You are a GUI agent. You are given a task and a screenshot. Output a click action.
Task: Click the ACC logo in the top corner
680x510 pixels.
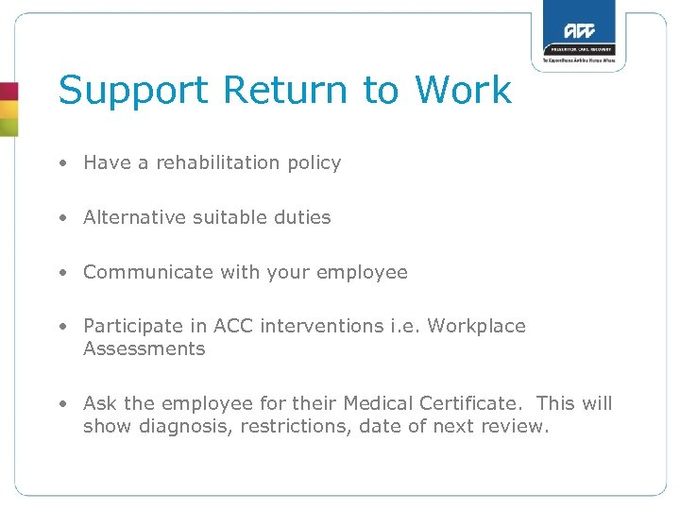[578, 28]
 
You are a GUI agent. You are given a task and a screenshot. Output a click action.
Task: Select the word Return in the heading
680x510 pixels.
[286, 91]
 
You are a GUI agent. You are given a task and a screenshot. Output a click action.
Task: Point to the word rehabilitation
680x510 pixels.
[218, 162]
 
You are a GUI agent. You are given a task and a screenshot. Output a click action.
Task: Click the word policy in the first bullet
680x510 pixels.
[314, 162]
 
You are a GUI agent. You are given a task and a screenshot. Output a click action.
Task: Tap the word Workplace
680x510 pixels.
[476, 326]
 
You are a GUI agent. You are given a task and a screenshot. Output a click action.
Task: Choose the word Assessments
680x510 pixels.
[144, 348]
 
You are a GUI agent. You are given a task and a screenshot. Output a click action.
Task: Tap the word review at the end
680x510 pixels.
[516, 426]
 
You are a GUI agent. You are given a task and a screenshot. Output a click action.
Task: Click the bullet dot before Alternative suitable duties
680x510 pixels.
[61, 218]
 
